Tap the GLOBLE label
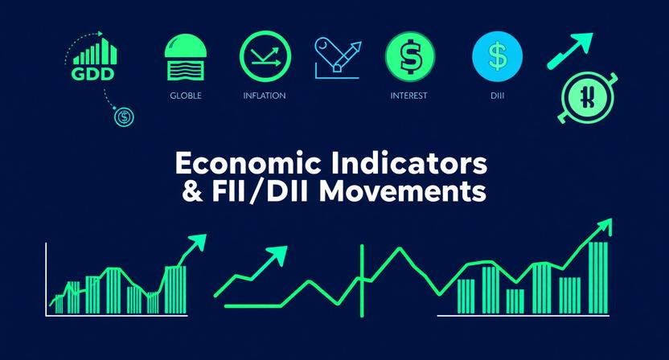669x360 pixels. coord(186,96)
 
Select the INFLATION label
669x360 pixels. coord(265,96)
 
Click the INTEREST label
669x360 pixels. coord(408,96)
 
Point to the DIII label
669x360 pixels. coord(499,96)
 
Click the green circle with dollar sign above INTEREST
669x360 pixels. coord(410,56)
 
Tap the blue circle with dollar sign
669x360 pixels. coord(498,57)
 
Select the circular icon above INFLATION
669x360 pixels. coord(265,56)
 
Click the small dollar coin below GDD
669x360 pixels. coord(124,117)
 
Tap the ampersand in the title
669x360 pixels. coord(194,193)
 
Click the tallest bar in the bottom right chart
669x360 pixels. coord(598,277)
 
